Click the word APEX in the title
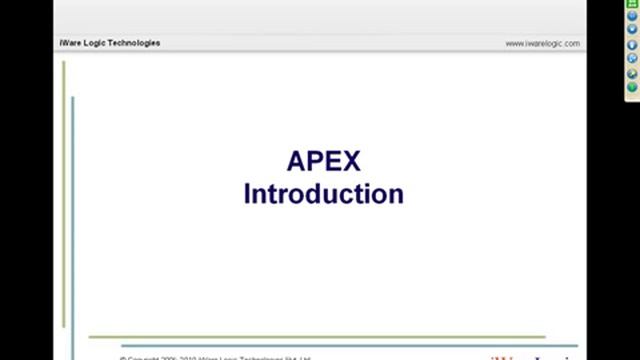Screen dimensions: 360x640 (x=323, y=161)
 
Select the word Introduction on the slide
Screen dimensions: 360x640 (x=323, y=193)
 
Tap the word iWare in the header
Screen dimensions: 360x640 (x=71, y=43)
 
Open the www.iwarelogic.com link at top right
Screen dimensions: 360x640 (x=542, y=44)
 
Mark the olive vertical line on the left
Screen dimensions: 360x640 (x=64, y=190)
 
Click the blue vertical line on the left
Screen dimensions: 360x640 (x=72, y=220)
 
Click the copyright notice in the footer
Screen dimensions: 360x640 (x=215, y=357)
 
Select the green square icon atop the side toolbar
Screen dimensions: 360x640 (x=632, y=4)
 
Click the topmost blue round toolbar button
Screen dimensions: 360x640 (x=632, y=16)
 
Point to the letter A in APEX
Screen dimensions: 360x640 (x=296, y=161)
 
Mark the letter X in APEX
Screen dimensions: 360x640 (x=350, y=161)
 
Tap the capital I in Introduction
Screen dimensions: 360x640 (x=247, y=193)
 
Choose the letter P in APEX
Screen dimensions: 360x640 (x=315, y=161)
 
